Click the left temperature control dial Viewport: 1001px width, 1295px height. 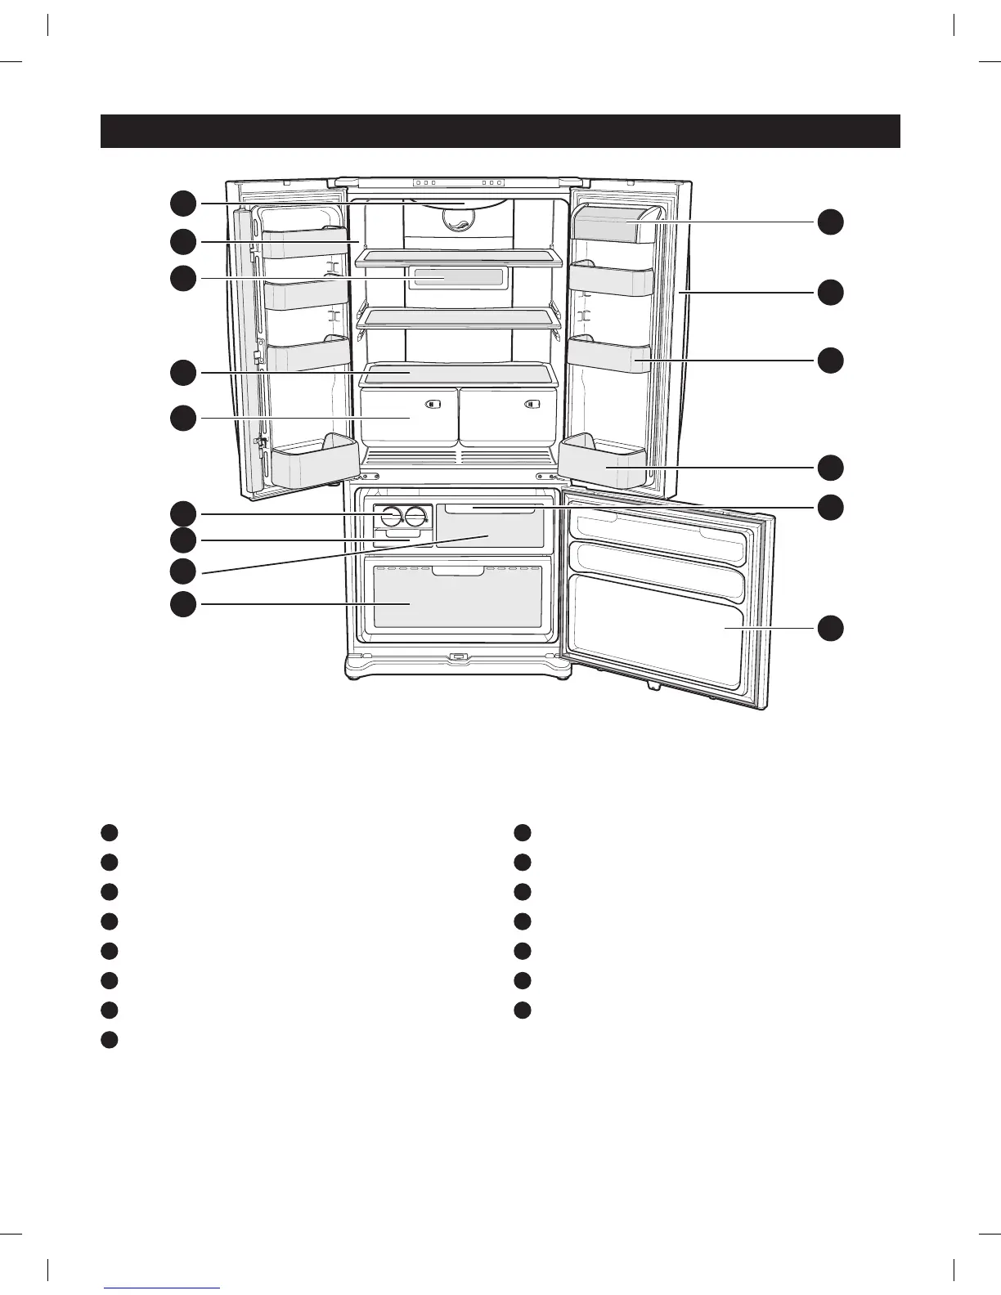(391, 517)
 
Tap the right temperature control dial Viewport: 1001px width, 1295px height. (417, 517)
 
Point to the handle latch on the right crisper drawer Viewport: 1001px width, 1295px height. (533, 404)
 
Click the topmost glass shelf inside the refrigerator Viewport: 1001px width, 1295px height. (459, 257)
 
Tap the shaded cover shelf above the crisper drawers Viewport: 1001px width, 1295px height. (459, 374)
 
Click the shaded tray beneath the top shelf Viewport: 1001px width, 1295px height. (457, 277)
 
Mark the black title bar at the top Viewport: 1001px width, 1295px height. (500, 131)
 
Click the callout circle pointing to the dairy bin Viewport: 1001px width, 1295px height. (830, 222)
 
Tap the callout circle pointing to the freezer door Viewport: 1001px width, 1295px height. (830, 628)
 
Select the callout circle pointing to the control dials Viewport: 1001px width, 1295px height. (183, 513)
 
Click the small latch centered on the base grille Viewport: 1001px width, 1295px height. (458, 656)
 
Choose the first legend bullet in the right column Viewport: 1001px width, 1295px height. (523, 832)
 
